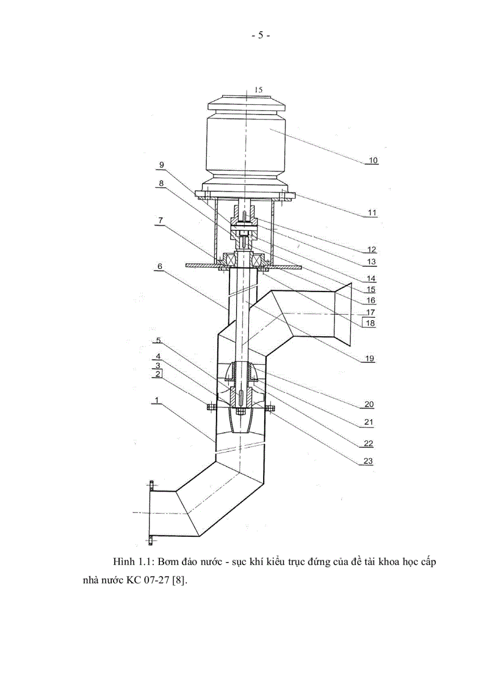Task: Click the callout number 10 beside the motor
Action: click(372, 160)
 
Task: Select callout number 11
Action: click(372, 213)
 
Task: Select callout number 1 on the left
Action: click(157, 400)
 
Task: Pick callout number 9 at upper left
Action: click(161, 165)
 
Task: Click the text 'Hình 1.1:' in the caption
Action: click(131, 561)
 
